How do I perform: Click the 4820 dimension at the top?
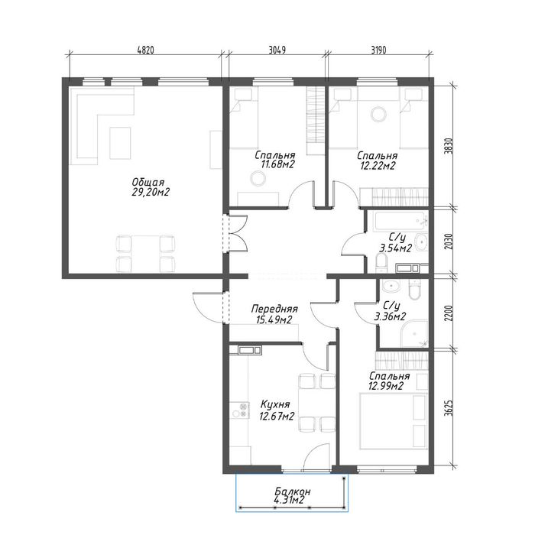[x=146, y=50]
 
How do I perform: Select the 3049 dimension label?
[x=277, y=50]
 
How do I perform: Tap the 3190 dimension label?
[x=378, y=50]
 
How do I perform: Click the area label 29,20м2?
[x=151, y=193]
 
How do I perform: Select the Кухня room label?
[x=275, y=404]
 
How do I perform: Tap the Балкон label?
[x=293, y=491]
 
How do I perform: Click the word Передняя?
[x=274, y=309]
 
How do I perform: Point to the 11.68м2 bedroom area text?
[x=277, y=165]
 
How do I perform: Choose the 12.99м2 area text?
[x=386, y=386]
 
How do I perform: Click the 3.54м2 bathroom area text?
[x=395, y=248]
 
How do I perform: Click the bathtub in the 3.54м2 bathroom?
[x=400, y=222]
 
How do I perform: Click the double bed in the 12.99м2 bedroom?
[x=394, y=420]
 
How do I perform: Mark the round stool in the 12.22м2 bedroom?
[x=379, y=114]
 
